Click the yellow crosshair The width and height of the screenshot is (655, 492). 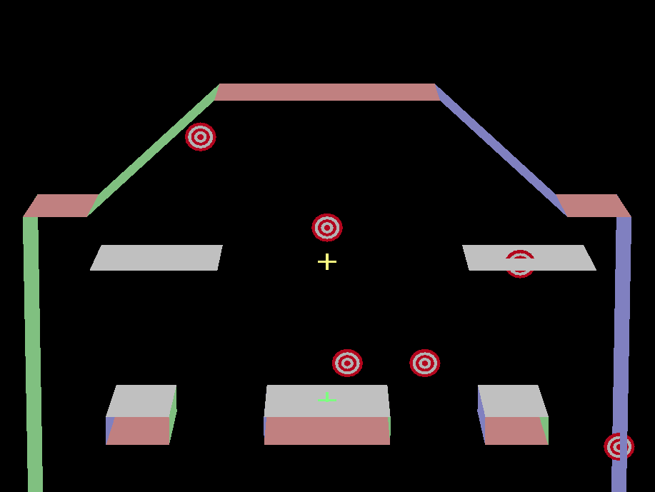pos(327,262)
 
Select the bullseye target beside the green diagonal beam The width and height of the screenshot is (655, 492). pos(201,137)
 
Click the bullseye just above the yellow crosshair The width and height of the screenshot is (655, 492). pos(327,228)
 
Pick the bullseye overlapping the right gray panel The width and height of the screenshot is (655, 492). pos(520,263)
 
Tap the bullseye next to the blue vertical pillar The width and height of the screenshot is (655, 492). pos(619,446)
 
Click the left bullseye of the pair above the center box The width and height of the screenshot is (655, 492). pos(347,363)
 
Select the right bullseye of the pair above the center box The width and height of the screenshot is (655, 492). pos(425,363)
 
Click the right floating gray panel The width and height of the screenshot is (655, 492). pos(529,258)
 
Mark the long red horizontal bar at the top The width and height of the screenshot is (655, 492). pos(327,92)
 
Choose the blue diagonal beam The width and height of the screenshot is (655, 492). pos(500,150)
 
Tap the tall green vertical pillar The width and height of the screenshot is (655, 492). pos(33,350)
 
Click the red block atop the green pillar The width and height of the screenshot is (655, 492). pos(61,206)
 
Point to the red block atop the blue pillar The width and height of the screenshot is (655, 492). pos(593,206)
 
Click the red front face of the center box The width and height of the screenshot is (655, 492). pos(327,431)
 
